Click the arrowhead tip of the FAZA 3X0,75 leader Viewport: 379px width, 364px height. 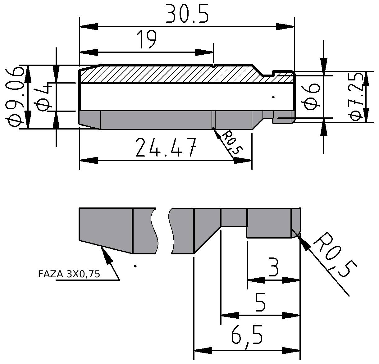(x=101, y=246)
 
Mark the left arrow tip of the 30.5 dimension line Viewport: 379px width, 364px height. (x=80, y=26)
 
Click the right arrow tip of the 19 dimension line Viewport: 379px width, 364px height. (x=213, y=52)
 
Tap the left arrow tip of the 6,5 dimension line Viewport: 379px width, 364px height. (x=194, y=351)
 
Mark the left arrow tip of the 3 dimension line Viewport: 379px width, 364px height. (x=247, y=280)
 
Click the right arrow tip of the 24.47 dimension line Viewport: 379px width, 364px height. (x=252, y=161)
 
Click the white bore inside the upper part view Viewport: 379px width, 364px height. (x=187, y=97)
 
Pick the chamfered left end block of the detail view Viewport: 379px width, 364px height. (x=106, y=230)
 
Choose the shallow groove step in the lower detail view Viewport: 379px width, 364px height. (x=234, y=217)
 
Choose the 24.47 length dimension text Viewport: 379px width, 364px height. (x=166, y=148)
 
